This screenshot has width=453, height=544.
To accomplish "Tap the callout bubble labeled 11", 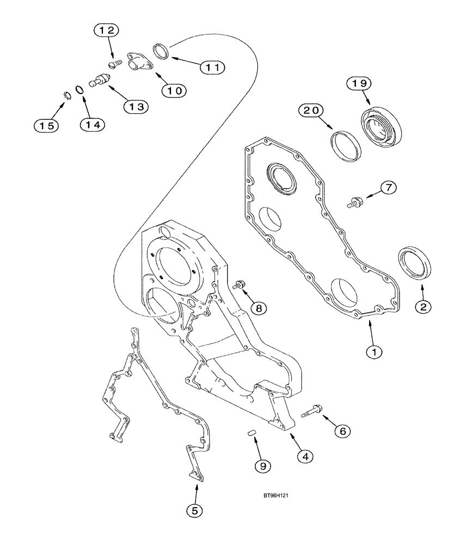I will [x=211, y=66].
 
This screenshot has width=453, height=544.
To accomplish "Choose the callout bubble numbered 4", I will [x=305, y=456].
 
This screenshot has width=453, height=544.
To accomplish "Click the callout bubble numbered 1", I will [x=374, y=352].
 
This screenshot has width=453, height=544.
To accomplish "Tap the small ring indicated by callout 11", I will [x=162, y=51].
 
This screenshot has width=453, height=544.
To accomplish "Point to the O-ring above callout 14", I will [x=79, y=90].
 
